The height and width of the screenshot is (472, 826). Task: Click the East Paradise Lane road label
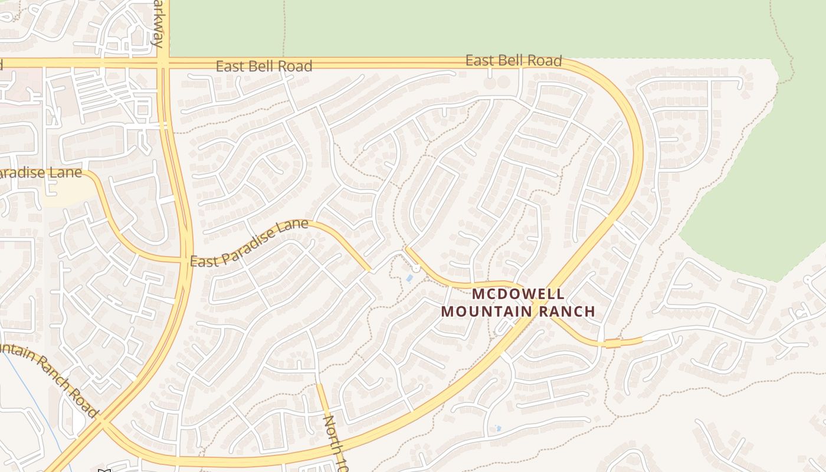click(249, 242)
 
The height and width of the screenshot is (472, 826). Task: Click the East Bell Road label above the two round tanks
click(513, 60)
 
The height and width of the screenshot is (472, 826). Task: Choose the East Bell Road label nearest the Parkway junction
click(264, 66)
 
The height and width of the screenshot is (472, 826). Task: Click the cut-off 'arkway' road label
click(156, 24)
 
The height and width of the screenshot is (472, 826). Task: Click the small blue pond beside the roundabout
click(409, 278)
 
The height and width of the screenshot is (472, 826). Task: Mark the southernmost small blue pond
click(497, 429)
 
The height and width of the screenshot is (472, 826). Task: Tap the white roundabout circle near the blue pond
click(416, 268)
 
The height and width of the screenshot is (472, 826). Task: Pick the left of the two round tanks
click(491, 83)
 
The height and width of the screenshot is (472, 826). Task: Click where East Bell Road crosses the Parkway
click(163, 63)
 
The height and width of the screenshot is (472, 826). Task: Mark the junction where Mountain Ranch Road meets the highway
click(103, 421)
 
